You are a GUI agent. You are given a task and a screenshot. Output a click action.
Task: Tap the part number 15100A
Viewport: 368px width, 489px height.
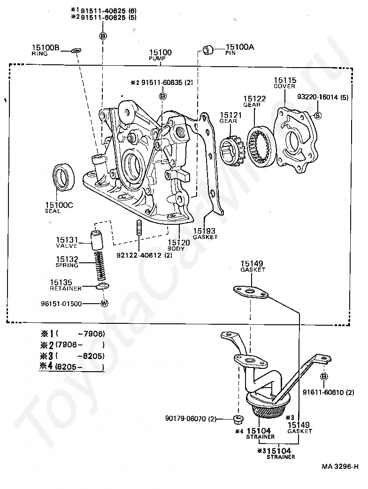tap(240, 47)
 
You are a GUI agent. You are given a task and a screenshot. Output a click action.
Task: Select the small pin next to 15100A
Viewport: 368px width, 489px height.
tap(207, 50)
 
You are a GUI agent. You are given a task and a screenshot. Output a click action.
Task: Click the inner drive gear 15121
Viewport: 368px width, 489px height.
tap(232, 149)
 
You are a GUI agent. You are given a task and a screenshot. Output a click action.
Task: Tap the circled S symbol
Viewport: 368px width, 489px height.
tap(317, 116)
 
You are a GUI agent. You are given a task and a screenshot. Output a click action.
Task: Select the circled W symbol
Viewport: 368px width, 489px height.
tap(104, 303)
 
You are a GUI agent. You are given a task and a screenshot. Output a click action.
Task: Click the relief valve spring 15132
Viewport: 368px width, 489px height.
tap(100, 266)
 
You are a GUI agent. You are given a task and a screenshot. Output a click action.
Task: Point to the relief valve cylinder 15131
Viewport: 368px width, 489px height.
tap(97, 240)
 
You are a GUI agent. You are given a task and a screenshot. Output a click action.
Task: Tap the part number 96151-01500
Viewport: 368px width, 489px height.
tap(61, 304)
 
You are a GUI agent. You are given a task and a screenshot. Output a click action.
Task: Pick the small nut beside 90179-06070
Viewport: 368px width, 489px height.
tap(238, 420)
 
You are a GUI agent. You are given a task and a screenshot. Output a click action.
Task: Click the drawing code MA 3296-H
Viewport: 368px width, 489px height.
tap(340, 467)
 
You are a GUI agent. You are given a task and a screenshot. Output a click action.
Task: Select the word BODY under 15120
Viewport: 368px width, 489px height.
tap(176, 249)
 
